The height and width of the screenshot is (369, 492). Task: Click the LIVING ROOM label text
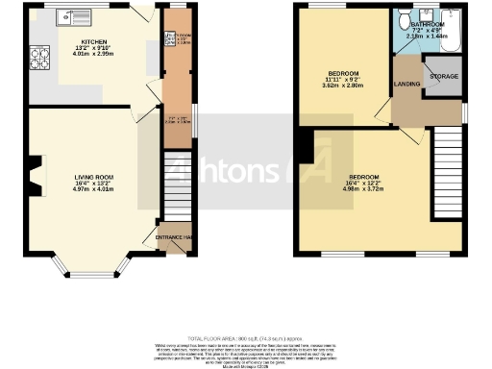tap(94, 177)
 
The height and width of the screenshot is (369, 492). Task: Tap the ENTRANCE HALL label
tap(173, 236)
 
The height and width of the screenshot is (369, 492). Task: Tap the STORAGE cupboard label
tap(443, 76)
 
